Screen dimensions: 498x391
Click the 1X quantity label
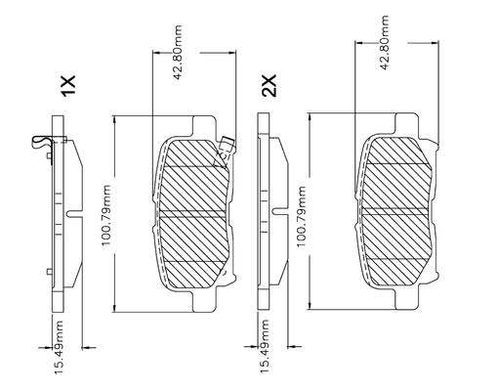pyautogui.click(x=68, y=86)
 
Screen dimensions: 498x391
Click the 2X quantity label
pyautogui.click(x=270, y=86)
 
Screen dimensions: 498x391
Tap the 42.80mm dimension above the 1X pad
pyautogui.click(x=178, y=52)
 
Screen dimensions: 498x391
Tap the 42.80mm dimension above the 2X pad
pyautogui.click(x=385, y=43)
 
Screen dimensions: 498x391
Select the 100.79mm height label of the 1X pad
pyautogui.click(x=106, y=215)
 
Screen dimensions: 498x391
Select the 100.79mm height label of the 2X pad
pyautogui.click(x=301, y=217)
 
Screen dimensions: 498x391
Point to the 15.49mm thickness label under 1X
pyautogui.click(x=59, y=347)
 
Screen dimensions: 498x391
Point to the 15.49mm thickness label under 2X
pyautogui.click(x=265, y=346)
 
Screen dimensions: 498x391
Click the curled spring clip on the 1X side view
pyautogui.click(x=42, y=142)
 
